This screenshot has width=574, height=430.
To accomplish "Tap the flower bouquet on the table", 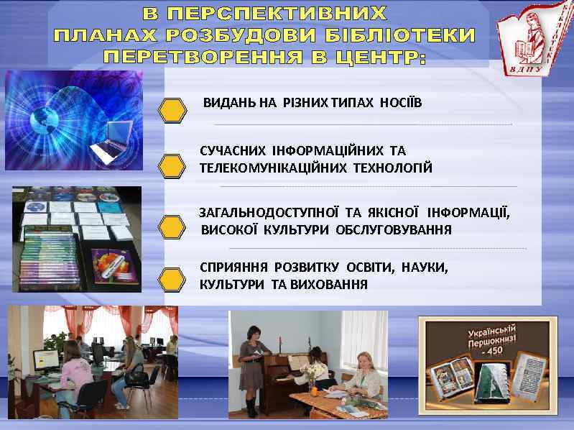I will click(x=313, y=372).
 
